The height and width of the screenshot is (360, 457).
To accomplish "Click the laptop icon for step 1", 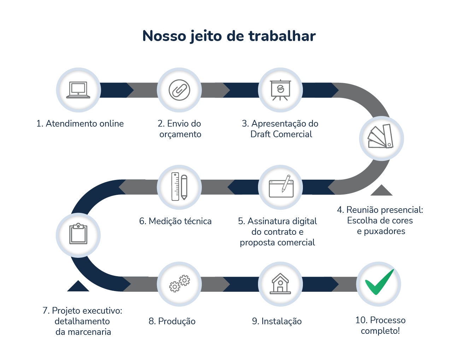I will tap(78, 90).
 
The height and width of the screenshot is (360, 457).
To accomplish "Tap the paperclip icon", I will tap(179, 90).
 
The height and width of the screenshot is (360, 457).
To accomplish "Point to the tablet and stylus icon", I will tap(281, 187).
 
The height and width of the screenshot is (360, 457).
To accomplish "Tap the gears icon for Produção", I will tap(179, 284).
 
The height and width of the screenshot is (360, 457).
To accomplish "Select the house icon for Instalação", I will tap(280, 284).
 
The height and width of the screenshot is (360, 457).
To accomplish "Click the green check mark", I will tap(379, 283).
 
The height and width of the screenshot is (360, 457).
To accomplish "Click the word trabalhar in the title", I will tap(282, 36).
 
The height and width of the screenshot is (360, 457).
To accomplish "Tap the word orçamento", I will tap(180, 134).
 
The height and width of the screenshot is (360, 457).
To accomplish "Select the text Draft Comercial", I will tap(281, 134).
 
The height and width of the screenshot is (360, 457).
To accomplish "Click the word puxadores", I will tap(385, 231).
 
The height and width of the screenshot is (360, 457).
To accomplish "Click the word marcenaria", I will tap(89, 332).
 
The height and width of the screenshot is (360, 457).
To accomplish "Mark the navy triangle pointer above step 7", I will tap(78, 286).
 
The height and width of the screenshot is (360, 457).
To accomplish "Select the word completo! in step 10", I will tap(380, 331).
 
